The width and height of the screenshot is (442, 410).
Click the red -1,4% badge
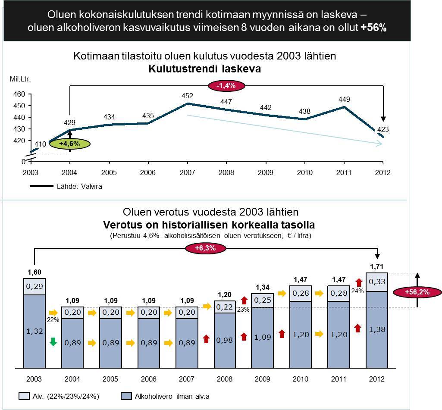tap(226, 85)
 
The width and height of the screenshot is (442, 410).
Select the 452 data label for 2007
tap(187, 96)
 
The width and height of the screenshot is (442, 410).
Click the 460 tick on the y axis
tap(20, 94)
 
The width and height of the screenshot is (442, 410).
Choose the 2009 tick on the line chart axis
tap(266, 173)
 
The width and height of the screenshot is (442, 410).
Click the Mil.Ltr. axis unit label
tap(20, 79)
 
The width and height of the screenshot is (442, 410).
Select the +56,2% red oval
tap(417, 292)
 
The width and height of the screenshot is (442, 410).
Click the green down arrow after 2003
tap(53, 342)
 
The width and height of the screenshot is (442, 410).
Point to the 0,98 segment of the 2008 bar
tap(224, 340)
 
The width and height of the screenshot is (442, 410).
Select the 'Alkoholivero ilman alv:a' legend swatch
tap(127, 396)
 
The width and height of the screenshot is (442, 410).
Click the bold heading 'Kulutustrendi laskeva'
tap(205, 69)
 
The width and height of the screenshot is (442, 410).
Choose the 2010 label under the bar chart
tap(301, 379)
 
